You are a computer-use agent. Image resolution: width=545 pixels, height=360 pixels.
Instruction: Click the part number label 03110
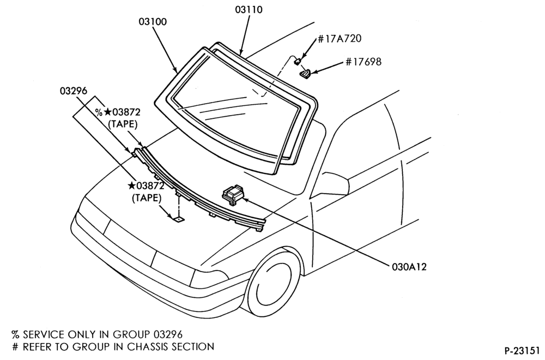249,9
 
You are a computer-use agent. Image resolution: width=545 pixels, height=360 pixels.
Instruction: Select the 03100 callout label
153,22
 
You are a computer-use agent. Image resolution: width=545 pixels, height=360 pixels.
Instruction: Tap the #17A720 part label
340,38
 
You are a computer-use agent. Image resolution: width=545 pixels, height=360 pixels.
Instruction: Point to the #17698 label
363,62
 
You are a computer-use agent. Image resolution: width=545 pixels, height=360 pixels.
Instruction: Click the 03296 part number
74,91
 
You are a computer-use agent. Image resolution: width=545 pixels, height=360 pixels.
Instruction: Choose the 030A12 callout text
409,267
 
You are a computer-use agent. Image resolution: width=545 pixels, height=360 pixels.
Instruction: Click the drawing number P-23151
522,349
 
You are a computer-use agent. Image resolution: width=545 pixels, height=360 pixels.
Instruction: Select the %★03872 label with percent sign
118,112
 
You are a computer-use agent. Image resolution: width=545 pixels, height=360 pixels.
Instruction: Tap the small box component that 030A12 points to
233,194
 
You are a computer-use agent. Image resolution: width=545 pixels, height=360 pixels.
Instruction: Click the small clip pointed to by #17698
305,74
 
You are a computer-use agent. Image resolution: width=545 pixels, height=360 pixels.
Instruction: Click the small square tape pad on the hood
179,219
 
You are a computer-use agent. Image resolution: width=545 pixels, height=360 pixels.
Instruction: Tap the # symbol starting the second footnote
15,346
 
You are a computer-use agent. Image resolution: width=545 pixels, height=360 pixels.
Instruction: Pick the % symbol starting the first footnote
15,334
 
